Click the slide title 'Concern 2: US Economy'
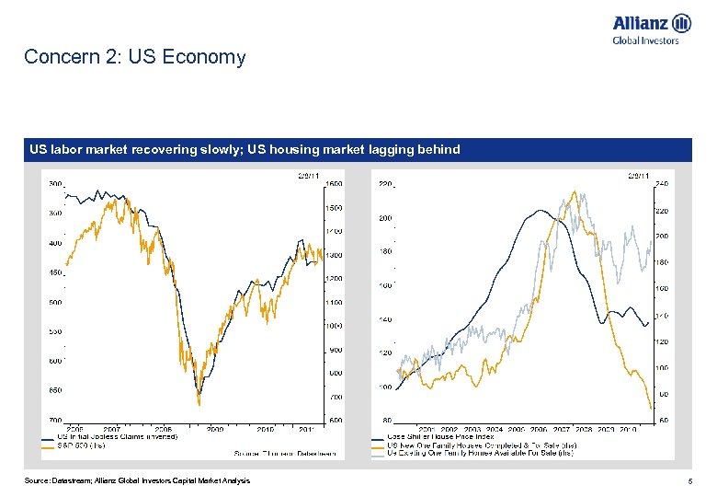tap(135, 57)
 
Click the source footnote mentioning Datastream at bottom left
tap(137, 481)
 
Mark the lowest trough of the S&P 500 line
tap(199, 403)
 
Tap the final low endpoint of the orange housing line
tap(651, 408)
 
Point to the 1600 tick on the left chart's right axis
tap(335, 183)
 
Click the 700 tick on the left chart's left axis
tap(54, 420)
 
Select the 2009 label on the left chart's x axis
tap(215, 428)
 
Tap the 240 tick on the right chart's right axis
tap(661, 183)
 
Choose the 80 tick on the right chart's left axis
tap(387, 420)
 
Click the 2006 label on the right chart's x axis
tap(539, 428)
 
